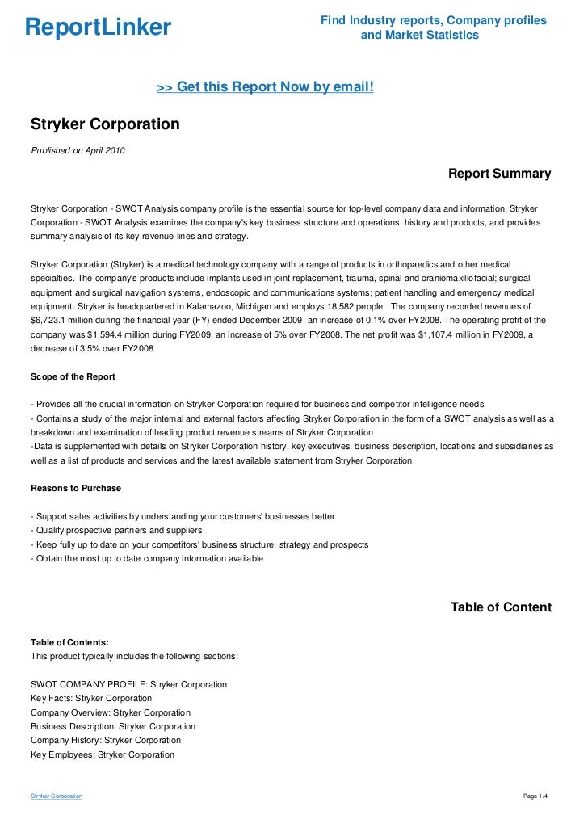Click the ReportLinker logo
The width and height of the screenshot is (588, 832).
(98, 28)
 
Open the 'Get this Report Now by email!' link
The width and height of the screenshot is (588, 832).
(265, 86)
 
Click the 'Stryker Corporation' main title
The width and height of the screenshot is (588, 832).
(105, 125)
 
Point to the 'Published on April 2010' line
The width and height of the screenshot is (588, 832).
(78, 150)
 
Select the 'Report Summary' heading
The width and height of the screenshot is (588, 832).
(499, 174)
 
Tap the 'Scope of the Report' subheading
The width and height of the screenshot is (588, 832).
(73, 376)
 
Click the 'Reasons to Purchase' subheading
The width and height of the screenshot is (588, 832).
(76, 488)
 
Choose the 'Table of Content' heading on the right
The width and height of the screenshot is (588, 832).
(501, 607)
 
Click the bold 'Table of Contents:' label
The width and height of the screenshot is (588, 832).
(69, 642)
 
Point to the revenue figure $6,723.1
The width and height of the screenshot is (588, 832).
(52, 319)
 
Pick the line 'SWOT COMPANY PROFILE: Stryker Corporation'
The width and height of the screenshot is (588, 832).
(128, 684)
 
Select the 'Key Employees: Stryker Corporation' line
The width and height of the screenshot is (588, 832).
(102, 754)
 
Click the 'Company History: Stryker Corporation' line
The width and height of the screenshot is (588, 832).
(105, 740)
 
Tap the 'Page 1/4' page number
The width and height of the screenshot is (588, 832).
(536, 796)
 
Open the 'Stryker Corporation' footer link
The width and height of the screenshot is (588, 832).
(57, 796)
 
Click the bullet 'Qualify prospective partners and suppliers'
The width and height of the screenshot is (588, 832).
(115, 530)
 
